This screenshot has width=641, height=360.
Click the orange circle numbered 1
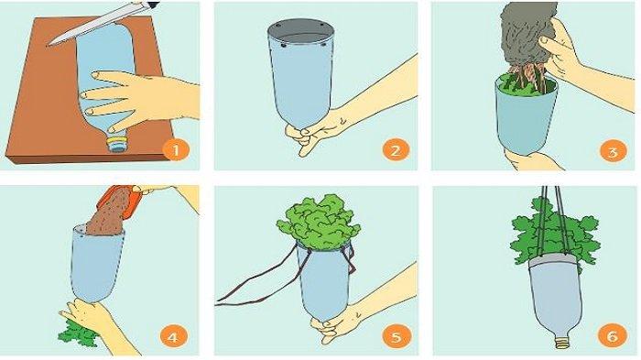click(176, 150)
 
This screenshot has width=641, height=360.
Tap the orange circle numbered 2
click(396, 150)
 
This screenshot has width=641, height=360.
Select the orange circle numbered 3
click(613, 151)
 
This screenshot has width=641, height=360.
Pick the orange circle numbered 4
click(173, 337)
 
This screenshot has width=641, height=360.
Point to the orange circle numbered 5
click(397, 336)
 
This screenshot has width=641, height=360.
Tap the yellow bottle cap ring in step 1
click(118, 142)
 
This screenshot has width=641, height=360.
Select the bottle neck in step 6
click(561, 341)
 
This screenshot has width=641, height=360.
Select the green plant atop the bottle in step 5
click(319, 222)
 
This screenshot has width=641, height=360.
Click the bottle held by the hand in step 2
click(301, 73)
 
